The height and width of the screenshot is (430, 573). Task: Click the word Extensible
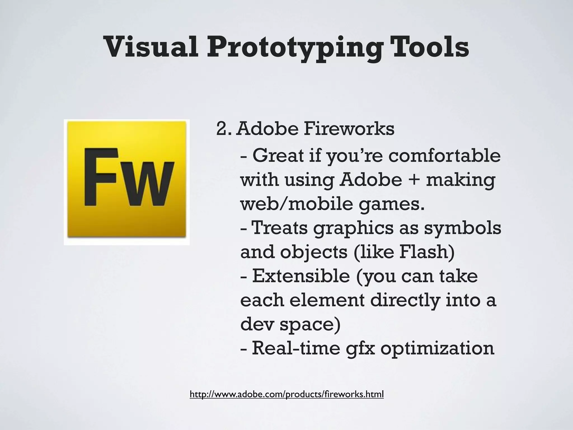[x=301, y=276]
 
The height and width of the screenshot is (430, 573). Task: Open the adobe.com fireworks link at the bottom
[x=286, y=394]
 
